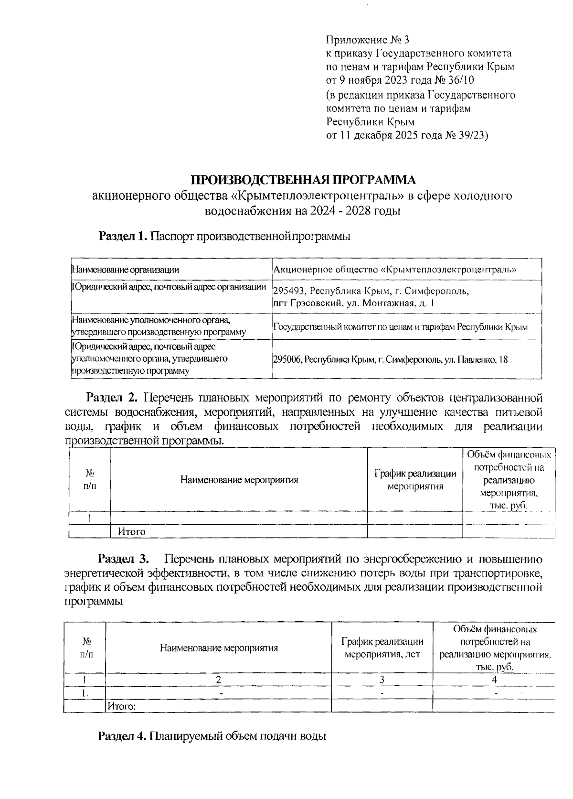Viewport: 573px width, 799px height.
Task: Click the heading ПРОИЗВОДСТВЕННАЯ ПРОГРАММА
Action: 304,180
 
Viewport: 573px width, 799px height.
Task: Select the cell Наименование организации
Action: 125,270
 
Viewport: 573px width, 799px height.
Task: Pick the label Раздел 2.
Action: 112,398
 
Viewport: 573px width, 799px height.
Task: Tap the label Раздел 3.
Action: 124,559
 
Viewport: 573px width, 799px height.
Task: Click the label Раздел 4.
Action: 122,736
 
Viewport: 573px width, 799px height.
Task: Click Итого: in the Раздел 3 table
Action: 122,705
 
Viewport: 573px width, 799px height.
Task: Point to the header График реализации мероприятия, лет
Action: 382,648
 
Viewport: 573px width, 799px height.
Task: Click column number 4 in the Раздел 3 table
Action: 494,680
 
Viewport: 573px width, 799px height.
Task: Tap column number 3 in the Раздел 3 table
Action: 382,680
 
